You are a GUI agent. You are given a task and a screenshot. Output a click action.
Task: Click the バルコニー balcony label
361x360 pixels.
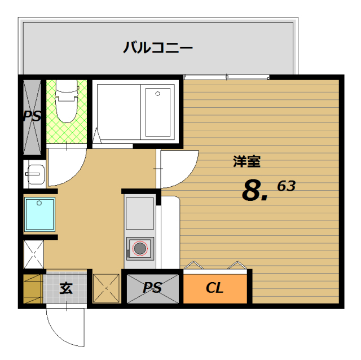pos(158,47)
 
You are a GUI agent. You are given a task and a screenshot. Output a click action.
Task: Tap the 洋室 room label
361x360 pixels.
pos(246,161)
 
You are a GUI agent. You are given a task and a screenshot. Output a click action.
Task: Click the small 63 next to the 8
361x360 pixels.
pos(286,185)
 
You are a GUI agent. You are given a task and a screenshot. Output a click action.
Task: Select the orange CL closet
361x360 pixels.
pos(215,288)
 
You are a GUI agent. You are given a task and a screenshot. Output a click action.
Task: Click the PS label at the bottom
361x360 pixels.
pos(152,288)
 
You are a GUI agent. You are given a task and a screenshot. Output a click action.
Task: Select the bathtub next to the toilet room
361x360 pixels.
pos(135,111)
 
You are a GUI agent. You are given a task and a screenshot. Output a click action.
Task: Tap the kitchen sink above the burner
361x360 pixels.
pos(139,213)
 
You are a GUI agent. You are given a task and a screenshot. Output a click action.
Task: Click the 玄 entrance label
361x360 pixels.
pos(66,288)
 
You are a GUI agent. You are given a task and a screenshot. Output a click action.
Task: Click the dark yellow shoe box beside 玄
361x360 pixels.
pos(33,288)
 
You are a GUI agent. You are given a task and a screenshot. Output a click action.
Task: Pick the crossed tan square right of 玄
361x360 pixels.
pos(106,288)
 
